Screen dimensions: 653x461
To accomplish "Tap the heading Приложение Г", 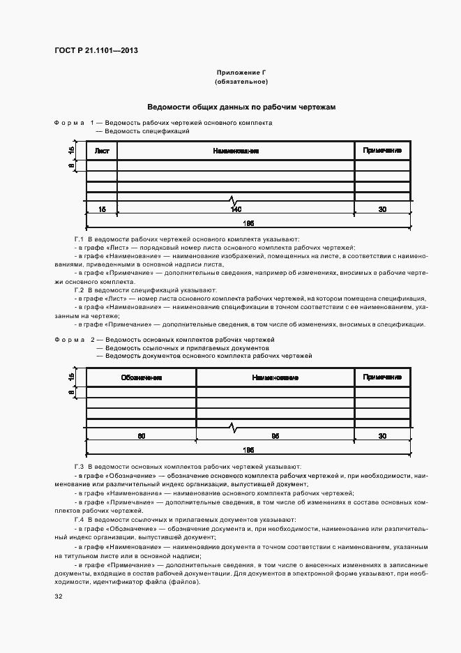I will tap(241, 73).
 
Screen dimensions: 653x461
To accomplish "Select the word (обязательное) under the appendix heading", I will tap(241, 82).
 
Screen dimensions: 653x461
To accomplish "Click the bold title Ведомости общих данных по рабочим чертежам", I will tap(241, 107).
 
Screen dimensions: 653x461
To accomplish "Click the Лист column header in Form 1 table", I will tap(102, 151).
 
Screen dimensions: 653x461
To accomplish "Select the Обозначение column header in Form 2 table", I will tap(142, 377).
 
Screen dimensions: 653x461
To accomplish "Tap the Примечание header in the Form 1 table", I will tap(382, 151).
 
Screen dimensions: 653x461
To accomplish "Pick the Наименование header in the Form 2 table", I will tap(275, 377).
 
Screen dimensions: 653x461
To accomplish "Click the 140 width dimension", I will tap(236, 209).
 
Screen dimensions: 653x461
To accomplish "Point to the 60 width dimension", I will tap(142, 435).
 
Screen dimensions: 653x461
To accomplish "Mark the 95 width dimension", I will tap(275, 435).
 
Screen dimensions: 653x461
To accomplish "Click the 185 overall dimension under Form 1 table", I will tap(248, 223).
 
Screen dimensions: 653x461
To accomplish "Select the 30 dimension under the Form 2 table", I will tap(382, 435).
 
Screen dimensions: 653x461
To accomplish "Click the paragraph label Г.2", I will tap(79, 290).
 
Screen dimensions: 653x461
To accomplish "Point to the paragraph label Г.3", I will tap(79, 466).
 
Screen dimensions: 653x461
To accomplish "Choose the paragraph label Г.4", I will tap(79, 520).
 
